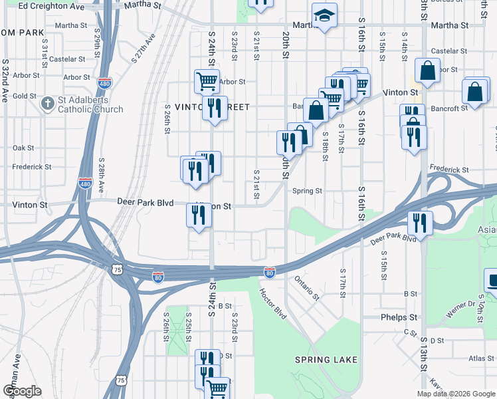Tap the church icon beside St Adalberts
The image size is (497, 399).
(x=47, y=103)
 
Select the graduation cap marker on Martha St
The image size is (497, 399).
(x=324, y=17)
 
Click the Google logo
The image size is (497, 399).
(x=22, y=391)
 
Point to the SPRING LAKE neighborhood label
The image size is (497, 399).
(x=326, y=360)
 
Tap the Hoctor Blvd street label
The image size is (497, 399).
(x=273, y=303)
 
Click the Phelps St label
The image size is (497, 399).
(x=399, y=317)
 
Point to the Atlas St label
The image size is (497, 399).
(x=481, y=358)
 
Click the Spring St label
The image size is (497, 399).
(x=308, y=191)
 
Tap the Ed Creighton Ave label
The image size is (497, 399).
(x=52, y=6)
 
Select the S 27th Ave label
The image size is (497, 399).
(x=143, y=49)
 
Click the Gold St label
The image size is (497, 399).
(x=24, y=96)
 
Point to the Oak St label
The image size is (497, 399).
(x=23, y=148)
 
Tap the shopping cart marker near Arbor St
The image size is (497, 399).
(x=207, y=82)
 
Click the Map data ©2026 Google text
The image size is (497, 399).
(x=455, y=394)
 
